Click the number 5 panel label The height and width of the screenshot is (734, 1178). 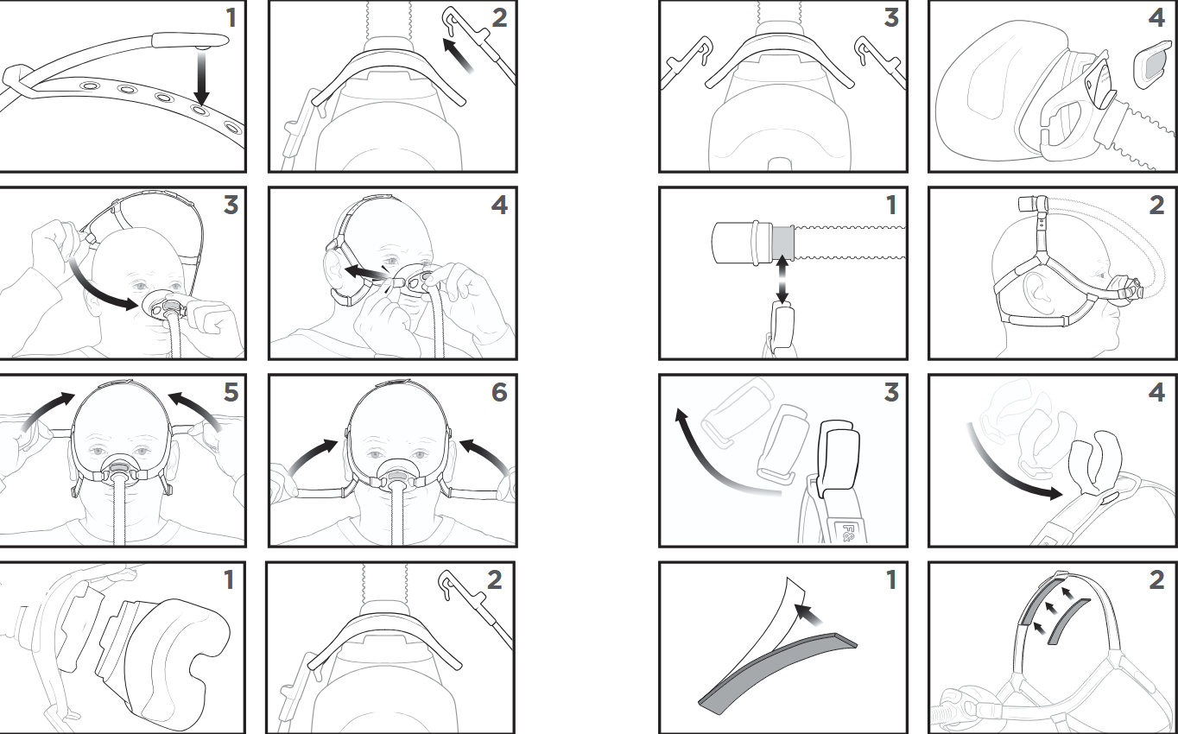point(230,393)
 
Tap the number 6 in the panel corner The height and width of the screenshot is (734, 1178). point(499,393)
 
